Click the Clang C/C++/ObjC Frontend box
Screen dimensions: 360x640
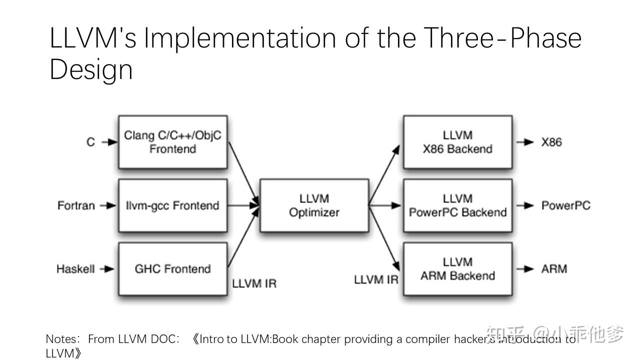pos(172,142)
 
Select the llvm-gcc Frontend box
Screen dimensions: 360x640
pos(172,205)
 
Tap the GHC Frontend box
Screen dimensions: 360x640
pos(172,269)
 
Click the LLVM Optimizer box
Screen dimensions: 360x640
pos(314,205)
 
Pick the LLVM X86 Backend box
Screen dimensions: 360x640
pos(457,142)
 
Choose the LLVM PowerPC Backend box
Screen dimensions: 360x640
pos(457,205)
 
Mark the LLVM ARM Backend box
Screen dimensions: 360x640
pos(457,269)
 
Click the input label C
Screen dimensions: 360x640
pos(90,142)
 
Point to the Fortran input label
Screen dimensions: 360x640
pos(76,205)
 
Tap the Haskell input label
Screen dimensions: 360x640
pos(75,269)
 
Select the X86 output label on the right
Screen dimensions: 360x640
pos(551,142)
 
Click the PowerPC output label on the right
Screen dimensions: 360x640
pos(565,205)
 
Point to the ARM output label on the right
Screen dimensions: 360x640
pos(554,269)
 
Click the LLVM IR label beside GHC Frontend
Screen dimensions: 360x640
pos(254,283)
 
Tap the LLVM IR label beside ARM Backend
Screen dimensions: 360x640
pos(376,279)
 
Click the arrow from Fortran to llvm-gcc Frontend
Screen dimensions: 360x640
pos(108,205)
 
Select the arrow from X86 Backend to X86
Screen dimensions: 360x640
pos(525,142)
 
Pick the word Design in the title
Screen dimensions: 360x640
pos(91,69)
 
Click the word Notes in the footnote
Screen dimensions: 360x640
pos(62,339)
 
